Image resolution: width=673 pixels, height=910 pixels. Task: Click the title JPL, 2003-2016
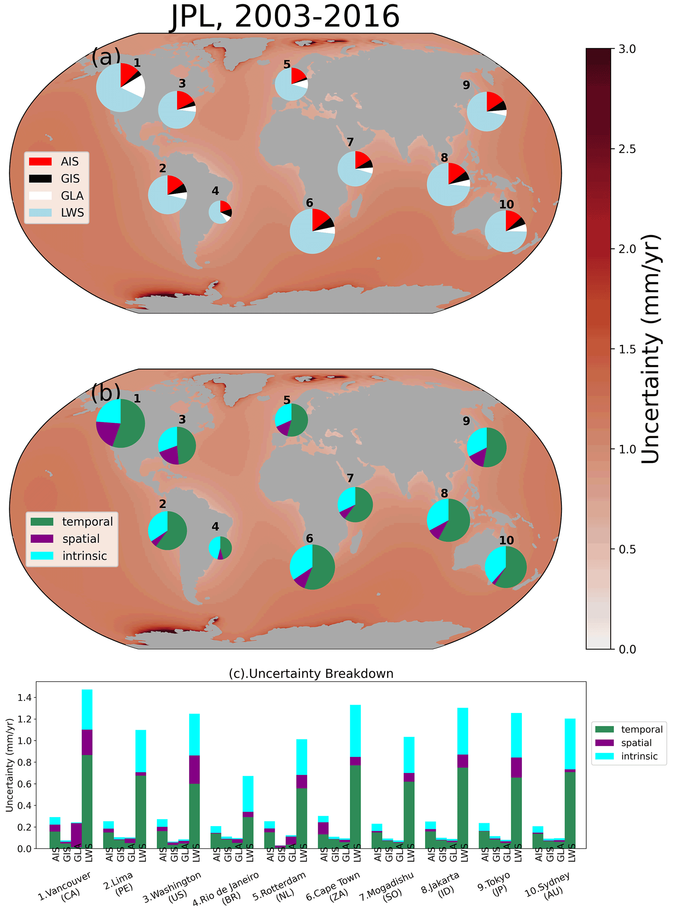[285, 16]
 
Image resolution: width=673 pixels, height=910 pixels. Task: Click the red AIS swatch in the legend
[40, 162]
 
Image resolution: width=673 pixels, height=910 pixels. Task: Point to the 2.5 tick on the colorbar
[626, 149]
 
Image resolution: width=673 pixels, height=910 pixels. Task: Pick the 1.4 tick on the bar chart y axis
[24, 697]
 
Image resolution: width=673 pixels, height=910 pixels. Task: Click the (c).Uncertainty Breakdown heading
[311, 674]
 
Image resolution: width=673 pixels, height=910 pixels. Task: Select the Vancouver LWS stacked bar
[87, 770]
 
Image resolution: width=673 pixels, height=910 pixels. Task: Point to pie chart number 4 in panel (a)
[220, 212]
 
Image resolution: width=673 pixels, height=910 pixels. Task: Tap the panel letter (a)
[106, 57]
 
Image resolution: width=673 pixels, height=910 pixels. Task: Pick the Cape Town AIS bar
[323, 835]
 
